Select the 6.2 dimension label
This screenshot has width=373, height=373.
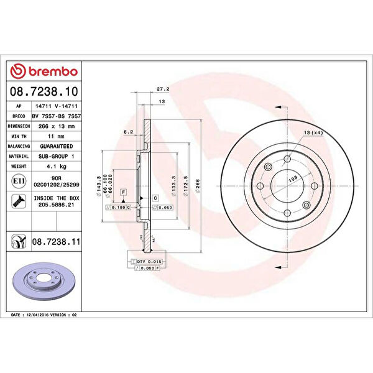pyautogui.click(x=129, y=132)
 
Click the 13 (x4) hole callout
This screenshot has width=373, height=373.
pyautogui.click(x=312, y=133)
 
